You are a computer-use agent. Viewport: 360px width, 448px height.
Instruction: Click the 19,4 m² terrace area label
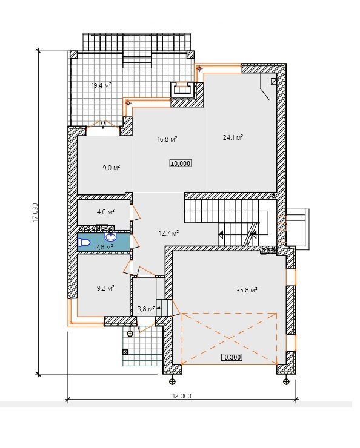click(101, 85)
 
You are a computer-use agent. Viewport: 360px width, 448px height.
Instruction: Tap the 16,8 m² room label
click(167, 139)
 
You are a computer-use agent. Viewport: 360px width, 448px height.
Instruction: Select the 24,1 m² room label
click(233, 137)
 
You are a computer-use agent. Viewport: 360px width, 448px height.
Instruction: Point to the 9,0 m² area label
click(112, 168)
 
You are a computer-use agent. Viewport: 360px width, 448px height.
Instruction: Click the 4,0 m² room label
click(106, 212)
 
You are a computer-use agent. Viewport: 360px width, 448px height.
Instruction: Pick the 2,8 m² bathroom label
click(104, 247)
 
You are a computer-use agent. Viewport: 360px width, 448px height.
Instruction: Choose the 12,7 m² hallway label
click(169, 233)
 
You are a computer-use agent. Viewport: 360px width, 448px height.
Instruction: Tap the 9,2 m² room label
click(105, 288)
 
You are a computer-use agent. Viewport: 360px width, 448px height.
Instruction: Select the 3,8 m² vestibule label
click(146, 309)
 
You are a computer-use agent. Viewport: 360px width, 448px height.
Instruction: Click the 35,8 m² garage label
click(247, 290)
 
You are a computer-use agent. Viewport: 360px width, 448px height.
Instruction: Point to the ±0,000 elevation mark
click(181, 163)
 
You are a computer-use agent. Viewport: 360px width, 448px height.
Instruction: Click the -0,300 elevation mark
click(232, 357)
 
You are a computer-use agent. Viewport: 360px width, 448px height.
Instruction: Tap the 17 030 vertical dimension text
click(35, 212)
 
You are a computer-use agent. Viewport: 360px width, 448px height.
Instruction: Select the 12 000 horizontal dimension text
click(182, 396)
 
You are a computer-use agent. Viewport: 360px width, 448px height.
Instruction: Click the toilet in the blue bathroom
click(84, 243)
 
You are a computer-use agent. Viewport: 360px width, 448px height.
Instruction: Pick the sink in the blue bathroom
click(111, 236)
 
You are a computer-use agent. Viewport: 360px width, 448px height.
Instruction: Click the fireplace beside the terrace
click(183, 90)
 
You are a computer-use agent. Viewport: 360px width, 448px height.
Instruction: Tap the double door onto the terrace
click(103, 126)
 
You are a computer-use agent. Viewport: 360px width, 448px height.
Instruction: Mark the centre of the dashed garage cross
click(229, 339)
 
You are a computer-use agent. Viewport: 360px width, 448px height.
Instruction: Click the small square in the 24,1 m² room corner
click(274, 81)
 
